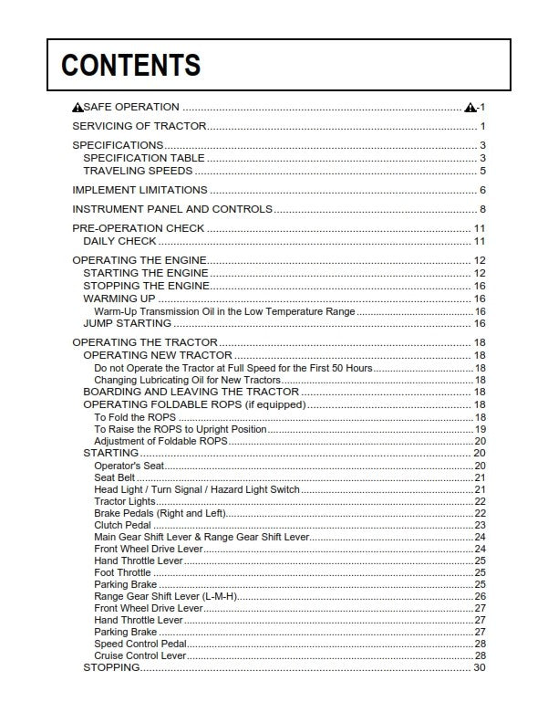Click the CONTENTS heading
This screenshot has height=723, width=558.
pyautogui.click(x=130, y=66)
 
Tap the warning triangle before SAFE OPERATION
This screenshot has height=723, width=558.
pyautogui.click(x=77, y=108)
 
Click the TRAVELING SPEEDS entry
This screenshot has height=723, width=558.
pyautogui.click(x=138, y=171)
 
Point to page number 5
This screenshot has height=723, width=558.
pyautogui.click(x=482, y=171)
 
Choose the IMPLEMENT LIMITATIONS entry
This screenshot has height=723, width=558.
pyautogui.click(x=139, y=190)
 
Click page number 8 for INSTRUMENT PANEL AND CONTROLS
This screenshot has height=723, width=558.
pyautogui.click(x=482, y=209)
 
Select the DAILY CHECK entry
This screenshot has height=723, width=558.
pyautogui.click(x=119, y=241)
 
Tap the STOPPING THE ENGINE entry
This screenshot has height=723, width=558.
pyautogui.click(x=146, y=286)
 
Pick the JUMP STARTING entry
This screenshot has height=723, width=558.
pyautogui.click(x=127, y=323)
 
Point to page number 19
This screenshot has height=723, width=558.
pyautogui.click(x=480, y=429)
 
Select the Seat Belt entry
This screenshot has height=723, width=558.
pyautogui.click(x=115, y=477)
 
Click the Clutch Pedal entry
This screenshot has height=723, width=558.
pyautogui.click(x=123, y=525)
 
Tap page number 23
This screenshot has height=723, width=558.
pyautogui.click(x=480, y=525)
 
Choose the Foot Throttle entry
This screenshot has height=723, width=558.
pyautogui.click(x=122, y=572)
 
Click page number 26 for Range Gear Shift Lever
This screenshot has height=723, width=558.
pyautogui.click(x=480, y=596)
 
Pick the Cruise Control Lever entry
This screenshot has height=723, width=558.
pyautogui.click(x=139, y=655)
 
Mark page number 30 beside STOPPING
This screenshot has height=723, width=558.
pyautogui.click(x=480, y=667)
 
